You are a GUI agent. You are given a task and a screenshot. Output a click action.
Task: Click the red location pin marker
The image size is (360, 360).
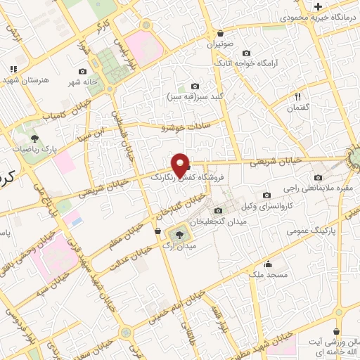[x=181, y=165]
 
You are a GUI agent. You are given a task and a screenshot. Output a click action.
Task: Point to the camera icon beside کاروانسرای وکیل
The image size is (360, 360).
[x=266, y=195]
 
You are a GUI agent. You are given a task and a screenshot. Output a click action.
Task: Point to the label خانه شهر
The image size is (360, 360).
[x=82, y=82]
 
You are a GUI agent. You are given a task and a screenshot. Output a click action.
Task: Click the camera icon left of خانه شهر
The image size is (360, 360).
[x=83, y=71]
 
